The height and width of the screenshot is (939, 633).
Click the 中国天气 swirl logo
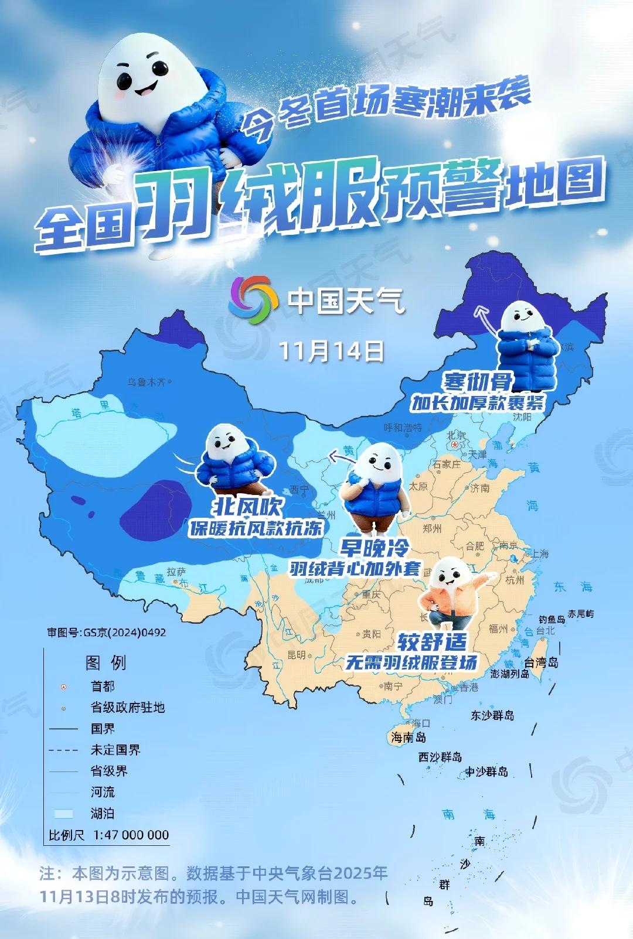point(253,301)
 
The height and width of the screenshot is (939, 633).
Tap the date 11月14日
point(331,351)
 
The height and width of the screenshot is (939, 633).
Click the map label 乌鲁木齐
point(147,383)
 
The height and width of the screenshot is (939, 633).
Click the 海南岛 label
point(408,737)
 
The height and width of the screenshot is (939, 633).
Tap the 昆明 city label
point(297,655)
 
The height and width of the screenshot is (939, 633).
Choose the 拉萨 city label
point(176,571)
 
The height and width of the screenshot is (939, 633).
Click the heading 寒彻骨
point(478,382)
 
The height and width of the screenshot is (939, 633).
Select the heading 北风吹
point(247,506)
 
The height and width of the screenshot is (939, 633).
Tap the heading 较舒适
point(433,642)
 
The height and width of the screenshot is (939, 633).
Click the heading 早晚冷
point(374,548)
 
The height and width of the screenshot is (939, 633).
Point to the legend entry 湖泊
point(103,813)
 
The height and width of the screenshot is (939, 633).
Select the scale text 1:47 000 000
point(131,835)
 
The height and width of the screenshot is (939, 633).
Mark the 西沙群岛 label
point(440,757)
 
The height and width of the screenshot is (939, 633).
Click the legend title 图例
point(105,663)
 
